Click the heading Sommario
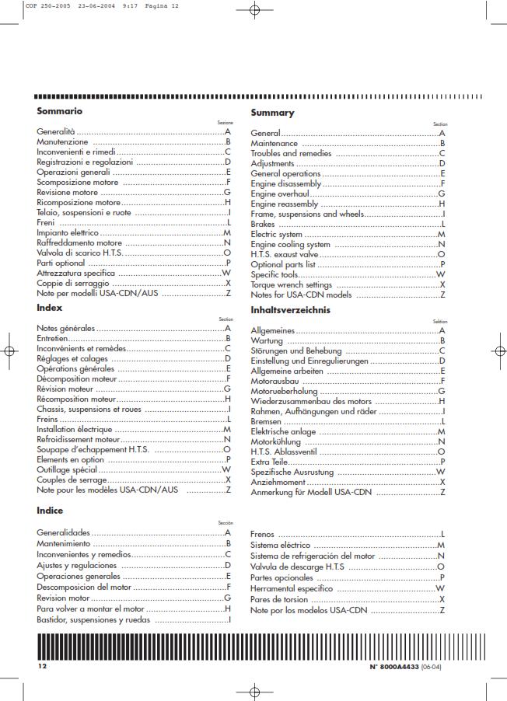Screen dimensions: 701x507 pyautogui.click(x=60, y=111)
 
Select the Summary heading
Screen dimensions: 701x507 pyautogui.click(x=272, y=113)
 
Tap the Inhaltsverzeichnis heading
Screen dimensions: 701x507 pyautogui.click(x=290, y=310)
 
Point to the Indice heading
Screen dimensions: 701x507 pyautogui.click(x=50, y=511)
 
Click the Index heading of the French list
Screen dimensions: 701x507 pyautogui.click(x=50, y=309)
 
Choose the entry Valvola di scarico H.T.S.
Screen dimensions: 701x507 pyautogui.click(x=80, y=253)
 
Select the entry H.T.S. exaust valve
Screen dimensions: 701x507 pyautogui.click(x=285, y=254)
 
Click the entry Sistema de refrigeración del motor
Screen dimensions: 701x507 pyautogui.click(x=313, y=556)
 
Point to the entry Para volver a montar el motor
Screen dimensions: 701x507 pyautogui.click(x=91, y=609)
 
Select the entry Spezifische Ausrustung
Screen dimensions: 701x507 pyautogui.click(x=292, y=472)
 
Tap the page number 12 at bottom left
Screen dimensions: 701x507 pyautogui.click(x=43, y=667)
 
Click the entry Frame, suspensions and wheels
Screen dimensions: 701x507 pyautogui.click(x=307, y=214)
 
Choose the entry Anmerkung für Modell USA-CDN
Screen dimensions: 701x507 pyautogui.click(x=312, y=493)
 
